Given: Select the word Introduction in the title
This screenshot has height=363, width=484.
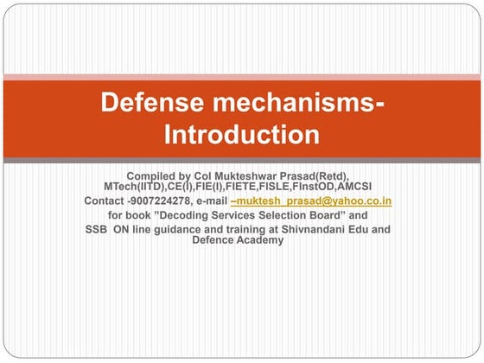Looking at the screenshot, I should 242,135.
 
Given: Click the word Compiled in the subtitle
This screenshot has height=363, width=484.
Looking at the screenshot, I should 152,176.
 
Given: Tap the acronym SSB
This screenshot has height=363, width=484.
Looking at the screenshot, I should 98,229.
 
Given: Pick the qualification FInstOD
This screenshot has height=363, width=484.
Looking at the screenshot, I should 317,187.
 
